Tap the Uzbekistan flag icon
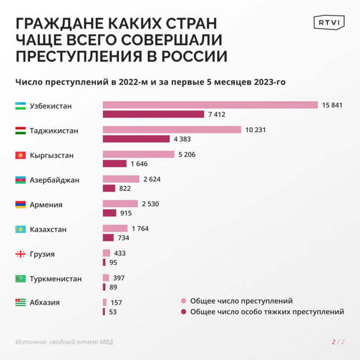[20, 106]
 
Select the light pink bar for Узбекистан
[210, 105]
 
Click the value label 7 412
[217, 114]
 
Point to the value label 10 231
[255, 129]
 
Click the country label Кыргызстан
[52, 156]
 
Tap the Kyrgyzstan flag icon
[20, 156]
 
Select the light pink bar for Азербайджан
[121, 179]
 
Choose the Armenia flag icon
[20, 204]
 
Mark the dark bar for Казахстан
[108, 237]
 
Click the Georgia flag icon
[20, 254]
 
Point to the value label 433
[120, 253]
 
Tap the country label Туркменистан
[55, 279]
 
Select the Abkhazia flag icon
[20, 303]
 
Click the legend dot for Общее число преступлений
[183, 301]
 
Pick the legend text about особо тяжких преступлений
[267, 312]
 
